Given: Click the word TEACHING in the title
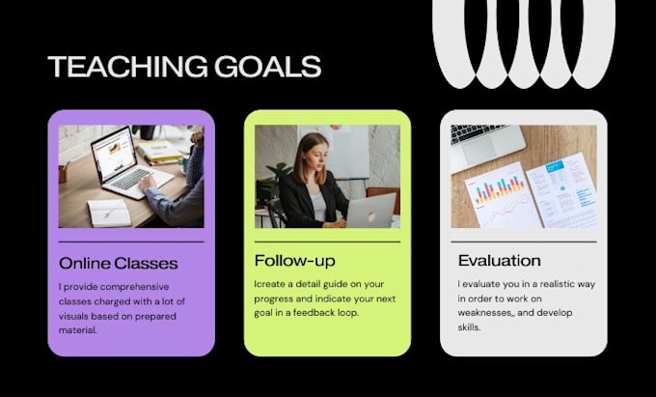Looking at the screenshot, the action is [127, 67].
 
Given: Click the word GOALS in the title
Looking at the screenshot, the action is [268, 67].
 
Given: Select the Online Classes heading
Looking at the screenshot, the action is [119, 264].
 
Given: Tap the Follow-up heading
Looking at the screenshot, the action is [295, 261].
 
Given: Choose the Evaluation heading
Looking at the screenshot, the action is [500, 261].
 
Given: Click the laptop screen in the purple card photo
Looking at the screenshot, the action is [115, 155].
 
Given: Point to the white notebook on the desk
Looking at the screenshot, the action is [109, 213].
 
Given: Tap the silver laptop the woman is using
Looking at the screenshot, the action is [370, 211].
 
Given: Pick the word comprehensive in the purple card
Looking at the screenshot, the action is [135, 287].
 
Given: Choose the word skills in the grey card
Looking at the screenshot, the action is [468, 327].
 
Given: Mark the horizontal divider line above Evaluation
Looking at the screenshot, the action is [524, 241].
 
